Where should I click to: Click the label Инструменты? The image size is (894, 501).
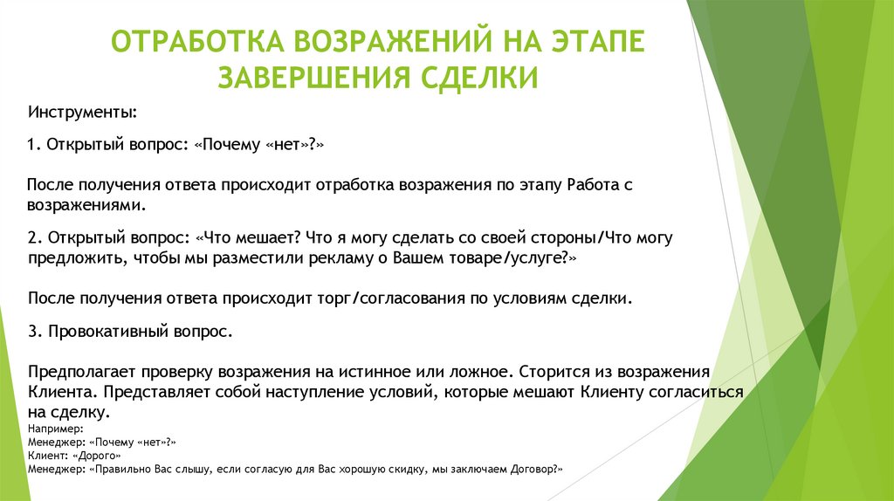click(x=81, y=113)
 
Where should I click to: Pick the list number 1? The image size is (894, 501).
click(x=33, y=143)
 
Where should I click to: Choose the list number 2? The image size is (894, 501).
click(x=33, y=237)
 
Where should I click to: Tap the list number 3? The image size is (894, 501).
click(x=33, y=332)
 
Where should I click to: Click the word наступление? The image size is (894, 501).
click(x=320, y=393)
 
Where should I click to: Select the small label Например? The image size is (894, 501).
click(x=56, y=429)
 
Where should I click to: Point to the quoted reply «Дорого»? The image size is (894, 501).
click(x=92, y=456)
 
